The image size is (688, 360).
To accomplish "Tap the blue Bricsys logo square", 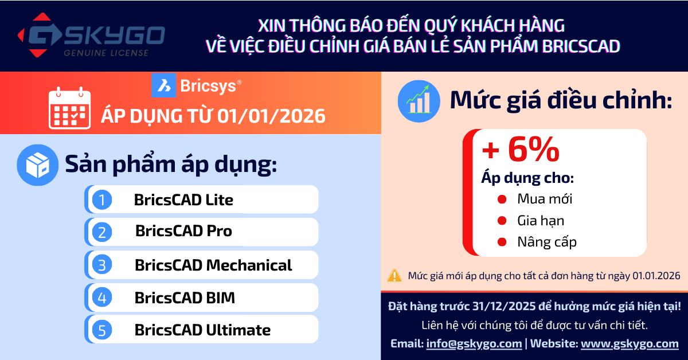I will click(x=163, y=85).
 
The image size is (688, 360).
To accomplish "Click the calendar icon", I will click(x=69, y=108).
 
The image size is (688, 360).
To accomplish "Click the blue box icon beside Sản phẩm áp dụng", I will click(x=38, y=165).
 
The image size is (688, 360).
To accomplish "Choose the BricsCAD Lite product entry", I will click(x=183, y=199).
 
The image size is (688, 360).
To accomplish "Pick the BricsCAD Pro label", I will click(x=183, y=232).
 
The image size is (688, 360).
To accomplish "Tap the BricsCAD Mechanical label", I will click(x=213, y=265).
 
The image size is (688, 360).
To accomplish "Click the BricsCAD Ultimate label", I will click(x=202, y=330).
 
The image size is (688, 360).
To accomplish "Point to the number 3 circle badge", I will click(x=103, y=265).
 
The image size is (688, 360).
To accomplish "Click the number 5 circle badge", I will click(x=103, y=330).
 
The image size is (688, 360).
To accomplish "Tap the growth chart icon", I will click(x=419, y=101).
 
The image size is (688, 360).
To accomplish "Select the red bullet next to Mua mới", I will click(x=502, y=199).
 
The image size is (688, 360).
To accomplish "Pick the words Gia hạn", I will click(x=540, y=221).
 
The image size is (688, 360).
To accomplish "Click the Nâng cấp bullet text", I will click(x=546, y=242).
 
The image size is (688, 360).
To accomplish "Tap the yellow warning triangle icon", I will click(x=394, y=276).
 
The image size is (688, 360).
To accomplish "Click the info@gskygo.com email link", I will click(x=474, y=344).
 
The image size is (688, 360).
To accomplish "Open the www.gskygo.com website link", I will click(x=630, y=344).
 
